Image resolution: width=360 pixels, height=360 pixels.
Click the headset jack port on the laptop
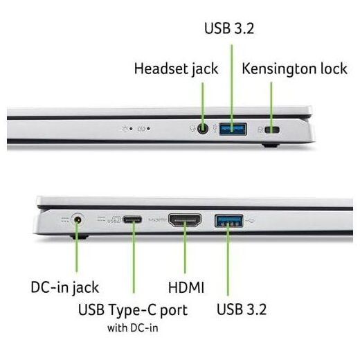point(203,129)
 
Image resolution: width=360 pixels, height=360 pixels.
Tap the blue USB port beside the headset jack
point(233,129)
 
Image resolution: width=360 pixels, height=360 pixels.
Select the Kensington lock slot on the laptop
point(272,130)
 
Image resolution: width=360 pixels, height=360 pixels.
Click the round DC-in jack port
point(78,220)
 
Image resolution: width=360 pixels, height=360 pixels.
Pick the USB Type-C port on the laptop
point(132,219)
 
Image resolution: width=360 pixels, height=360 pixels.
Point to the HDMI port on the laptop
point(185,220)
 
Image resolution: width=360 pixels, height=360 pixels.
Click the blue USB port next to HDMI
point(229,221)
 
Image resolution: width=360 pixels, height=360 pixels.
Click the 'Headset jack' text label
point(177,69)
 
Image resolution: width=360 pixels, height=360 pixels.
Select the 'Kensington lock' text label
point(294,69)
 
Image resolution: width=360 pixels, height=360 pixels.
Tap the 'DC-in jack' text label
point(65,288)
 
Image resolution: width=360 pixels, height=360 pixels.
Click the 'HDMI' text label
point(186,287)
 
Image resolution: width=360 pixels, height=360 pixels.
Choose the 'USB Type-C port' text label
point(133,310)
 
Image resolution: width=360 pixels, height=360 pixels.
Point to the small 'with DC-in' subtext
point(133,328)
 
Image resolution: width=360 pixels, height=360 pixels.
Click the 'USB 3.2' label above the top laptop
point(229,28)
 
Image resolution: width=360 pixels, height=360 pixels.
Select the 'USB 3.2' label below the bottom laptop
point(242,309)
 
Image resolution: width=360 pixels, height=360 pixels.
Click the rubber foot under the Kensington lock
point(271,145)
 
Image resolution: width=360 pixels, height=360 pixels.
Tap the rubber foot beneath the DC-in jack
point(80,237)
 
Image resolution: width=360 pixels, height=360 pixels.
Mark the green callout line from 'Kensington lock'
point(271,107)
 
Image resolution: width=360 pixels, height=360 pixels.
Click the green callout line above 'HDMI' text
point(185,247)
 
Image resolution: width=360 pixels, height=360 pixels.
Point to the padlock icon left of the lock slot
point(260,130)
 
